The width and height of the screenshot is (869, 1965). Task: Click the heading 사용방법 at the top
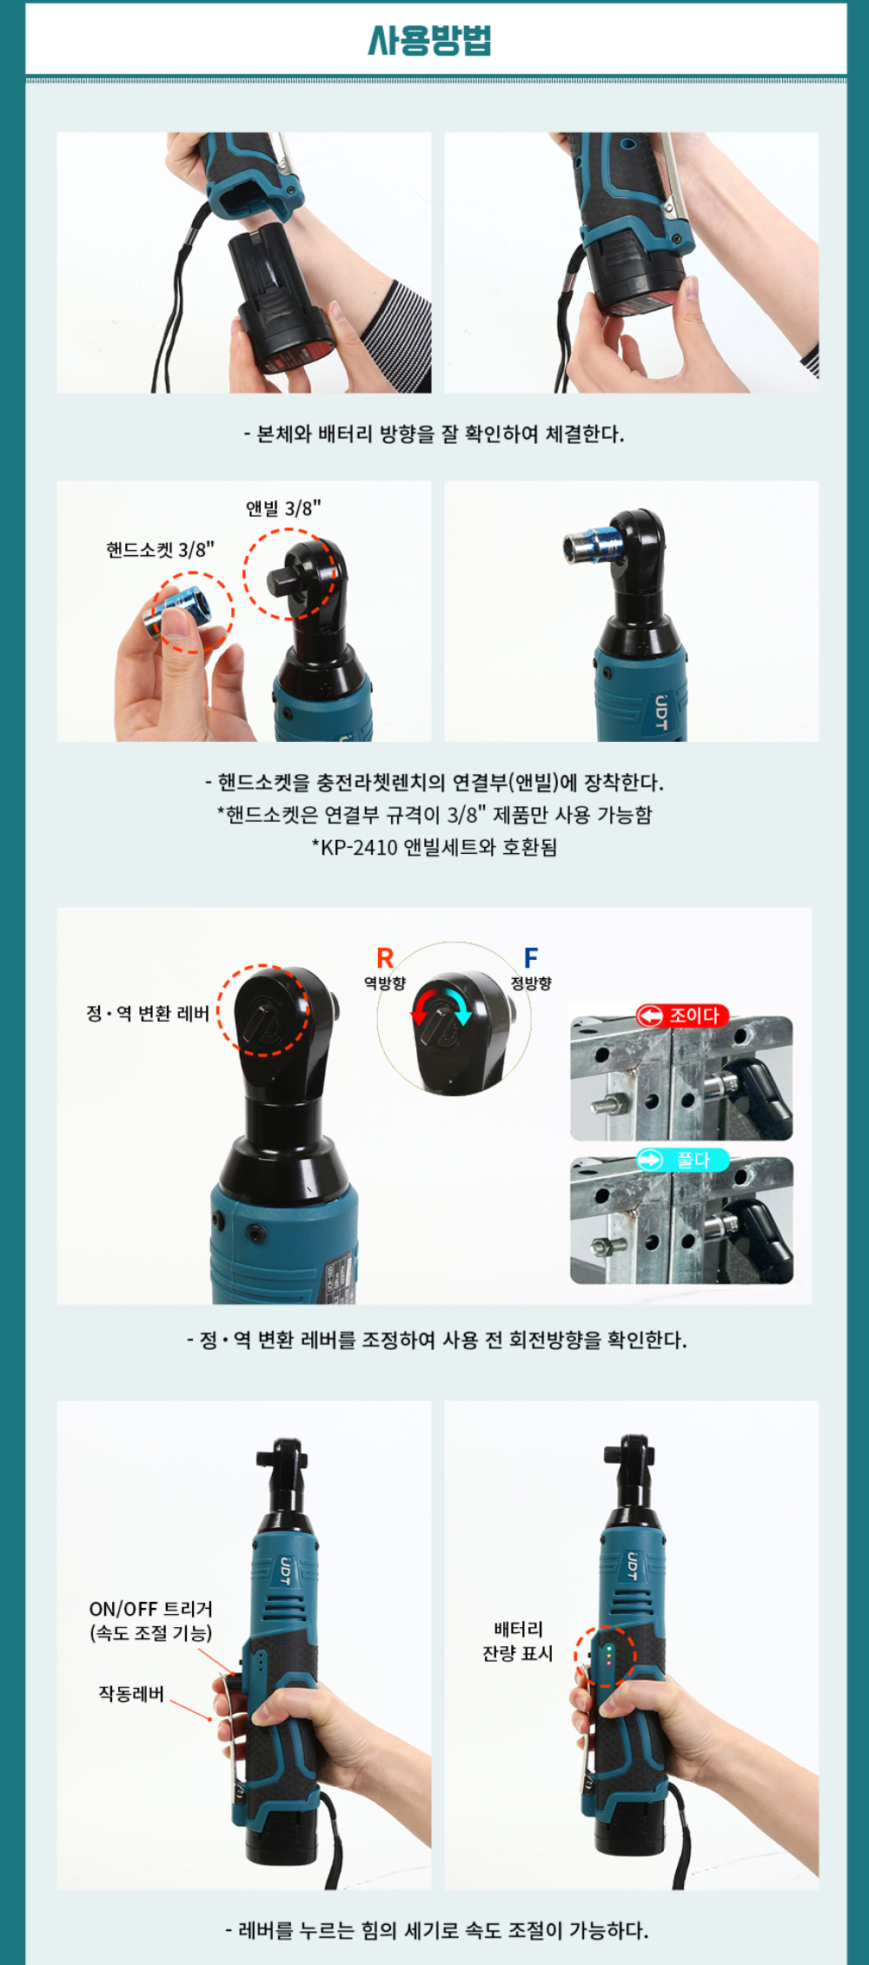point(430,40)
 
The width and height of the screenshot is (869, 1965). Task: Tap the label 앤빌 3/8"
point(283,508)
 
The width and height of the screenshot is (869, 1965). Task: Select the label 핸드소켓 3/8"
point(160,550)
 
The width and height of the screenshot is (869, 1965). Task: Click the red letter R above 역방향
point(385,958)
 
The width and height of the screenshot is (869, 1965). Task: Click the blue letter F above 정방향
point(531,957)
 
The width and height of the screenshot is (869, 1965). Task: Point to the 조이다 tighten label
point(694,1016)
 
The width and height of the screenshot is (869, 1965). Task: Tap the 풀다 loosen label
point(693,1160)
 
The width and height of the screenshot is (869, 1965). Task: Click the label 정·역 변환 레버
point(148,1014)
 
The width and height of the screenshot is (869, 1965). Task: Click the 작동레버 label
point(131,1694)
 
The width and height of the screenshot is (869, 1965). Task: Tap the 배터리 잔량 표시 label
point(518,1641)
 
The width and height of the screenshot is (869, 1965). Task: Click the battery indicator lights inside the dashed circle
point(609,1655)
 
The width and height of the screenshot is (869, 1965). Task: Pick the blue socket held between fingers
point(178,613)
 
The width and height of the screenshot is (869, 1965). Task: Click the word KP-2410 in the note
point(359,847)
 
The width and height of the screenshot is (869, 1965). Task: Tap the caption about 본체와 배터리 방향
point(434,433)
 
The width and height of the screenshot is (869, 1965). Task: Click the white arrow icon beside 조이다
point(650,1016)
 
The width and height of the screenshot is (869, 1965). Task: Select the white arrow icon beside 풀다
point(650,1160)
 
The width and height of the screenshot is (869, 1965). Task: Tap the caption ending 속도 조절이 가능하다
point(436,1930)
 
